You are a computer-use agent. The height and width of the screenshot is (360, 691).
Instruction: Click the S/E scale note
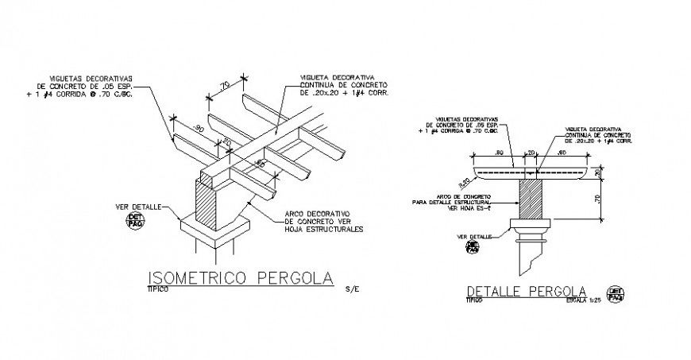[352, 290]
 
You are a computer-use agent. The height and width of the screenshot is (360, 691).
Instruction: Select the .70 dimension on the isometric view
[225, 83]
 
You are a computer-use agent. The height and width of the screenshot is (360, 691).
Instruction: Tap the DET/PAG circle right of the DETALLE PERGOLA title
[613, 295]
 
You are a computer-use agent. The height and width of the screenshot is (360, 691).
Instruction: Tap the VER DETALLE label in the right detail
[474, 236]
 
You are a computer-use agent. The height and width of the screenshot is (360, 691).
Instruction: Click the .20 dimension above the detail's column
[530, 152]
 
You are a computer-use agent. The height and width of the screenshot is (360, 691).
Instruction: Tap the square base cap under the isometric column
[215, 230]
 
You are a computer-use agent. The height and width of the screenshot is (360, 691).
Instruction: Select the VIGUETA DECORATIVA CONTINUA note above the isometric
[343, 84]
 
